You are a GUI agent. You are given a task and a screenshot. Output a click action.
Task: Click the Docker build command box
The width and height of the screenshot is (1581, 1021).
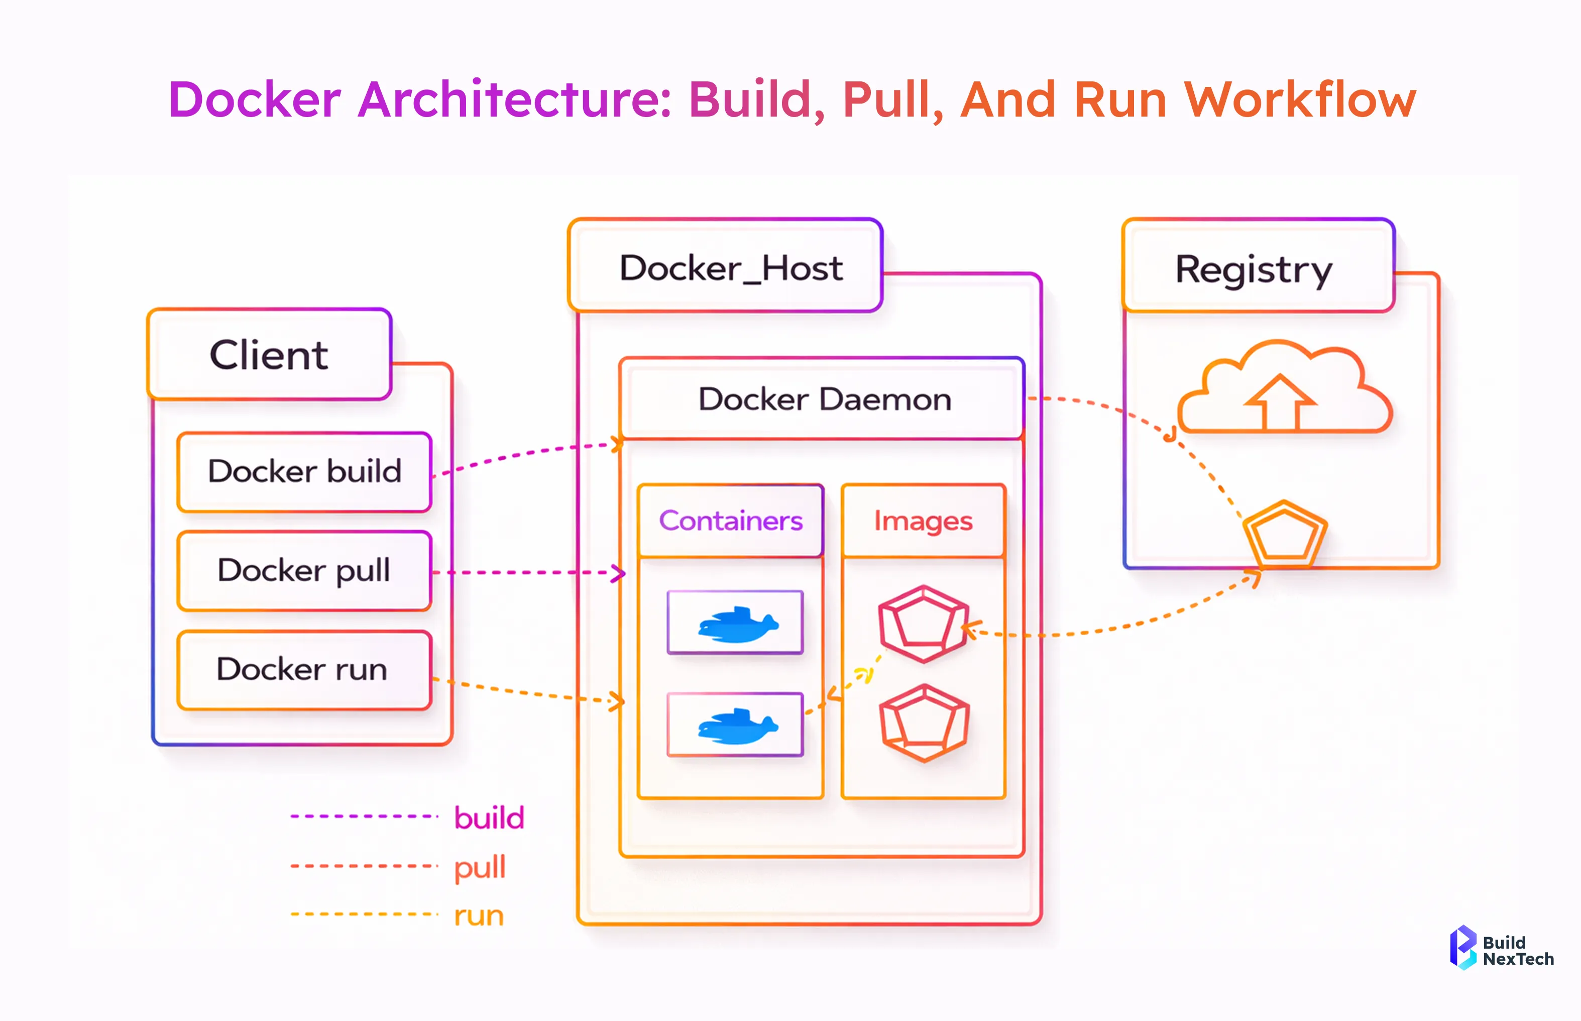pyautogui.click(x=305, y=471)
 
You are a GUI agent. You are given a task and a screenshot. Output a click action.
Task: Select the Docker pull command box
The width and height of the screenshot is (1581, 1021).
pyautogui.click(x=305, y=570)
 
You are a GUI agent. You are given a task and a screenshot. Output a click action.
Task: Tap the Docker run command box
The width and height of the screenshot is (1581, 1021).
pyautogui.click(x=305, y=669)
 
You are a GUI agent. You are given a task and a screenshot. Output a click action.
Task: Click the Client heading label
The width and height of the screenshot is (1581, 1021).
pyautogui.click(x=269, y=355)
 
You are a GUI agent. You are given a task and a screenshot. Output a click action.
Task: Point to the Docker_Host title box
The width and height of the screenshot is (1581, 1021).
pyautogui.click(x=726, y=266)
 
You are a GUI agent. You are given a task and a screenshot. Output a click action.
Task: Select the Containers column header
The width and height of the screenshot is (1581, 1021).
pyautogui.click(x=730, y=521)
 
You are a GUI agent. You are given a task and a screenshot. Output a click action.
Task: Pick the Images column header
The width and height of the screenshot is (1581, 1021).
pyautogui.click(x=923, y=521)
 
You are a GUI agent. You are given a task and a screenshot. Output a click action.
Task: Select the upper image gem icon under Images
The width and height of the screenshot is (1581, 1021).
pyautogui.click(x=923, y=623)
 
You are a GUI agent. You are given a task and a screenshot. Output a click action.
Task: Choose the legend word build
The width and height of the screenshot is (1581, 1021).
pyautogui.click(x=489, y=818)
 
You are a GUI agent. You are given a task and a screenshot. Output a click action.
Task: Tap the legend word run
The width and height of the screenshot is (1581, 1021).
pyautogui.click(x=479, y=915)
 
